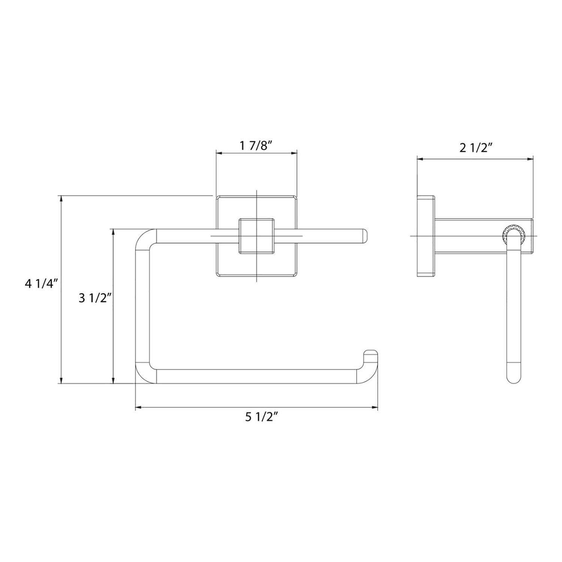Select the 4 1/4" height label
(x=42, y=284)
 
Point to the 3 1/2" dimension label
(x=95, y=298)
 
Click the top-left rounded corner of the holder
(x=145, y=239)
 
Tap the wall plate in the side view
(x=426, y=236)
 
